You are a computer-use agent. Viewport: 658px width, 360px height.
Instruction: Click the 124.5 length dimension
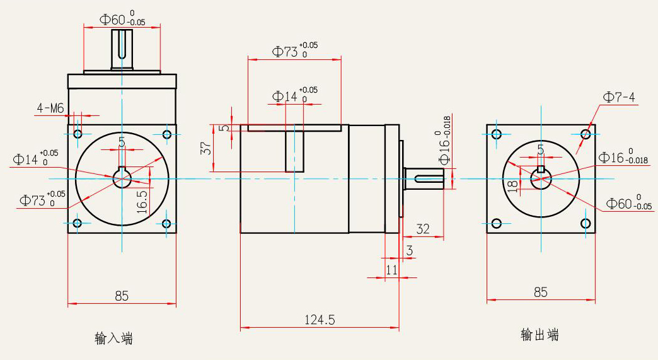(320, 320)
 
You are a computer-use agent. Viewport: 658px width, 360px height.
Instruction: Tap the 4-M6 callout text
(50, 109)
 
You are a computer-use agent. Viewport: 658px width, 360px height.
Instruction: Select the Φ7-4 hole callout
(619, 97)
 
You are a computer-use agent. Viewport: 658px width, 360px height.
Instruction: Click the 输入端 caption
(114, 339)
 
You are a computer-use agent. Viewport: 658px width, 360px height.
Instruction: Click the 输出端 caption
(540, 335)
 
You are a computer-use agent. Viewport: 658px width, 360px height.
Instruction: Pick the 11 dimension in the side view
(391, 269)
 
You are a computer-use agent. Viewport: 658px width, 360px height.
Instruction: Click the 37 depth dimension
(205, 148)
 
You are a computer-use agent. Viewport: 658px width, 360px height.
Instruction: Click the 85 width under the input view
(122, 295)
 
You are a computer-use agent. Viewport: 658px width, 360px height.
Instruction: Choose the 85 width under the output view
(540, 293)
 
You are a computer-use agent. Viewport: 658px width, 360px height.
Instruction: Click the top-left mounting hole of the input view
(78, 134)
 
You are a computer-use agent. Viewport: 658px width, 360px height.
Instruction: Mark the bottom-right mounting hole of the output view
(586, 223)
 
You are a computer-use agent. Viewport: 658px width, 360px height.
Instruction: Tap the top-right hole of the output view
(586, 134)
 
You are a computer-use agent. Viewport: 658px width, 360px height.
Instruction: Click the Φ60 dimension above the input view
(122, 19)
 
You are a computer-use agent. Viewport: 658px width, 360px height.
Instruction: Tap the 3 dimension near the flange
(410, 251)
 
